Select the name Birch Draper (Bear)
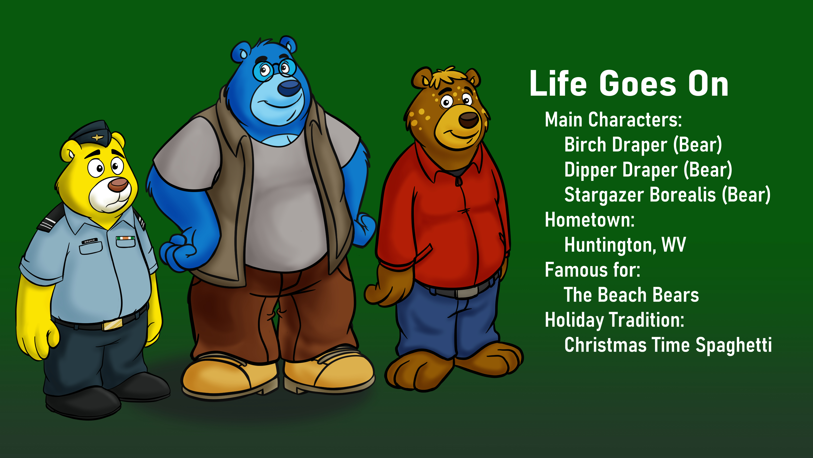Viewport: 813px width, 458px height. click(643, 145)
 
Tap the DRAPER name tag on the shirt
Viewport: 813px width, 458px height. click(90, 241)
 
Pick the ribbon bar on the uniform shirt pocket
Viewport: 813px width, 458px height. click(125, 238)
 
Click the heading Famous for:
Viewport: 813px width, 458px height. click(593, 270)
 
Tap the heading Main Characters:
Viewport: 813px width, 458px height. click(613, 120)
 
